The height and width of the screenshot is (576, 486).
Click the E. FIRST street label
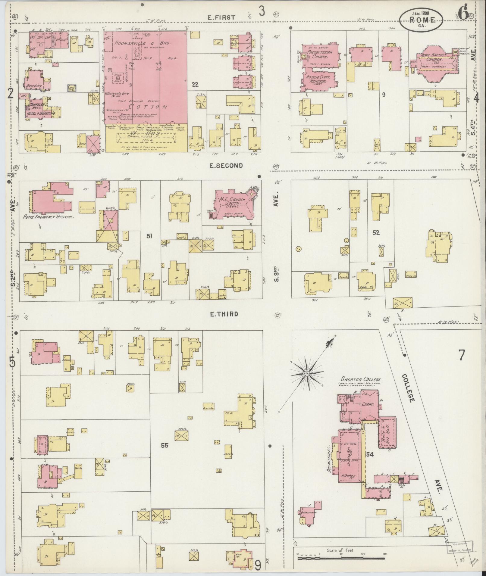(x=221, y=17)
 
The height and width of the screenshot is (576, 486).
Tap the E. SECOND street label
(x=226, y=165)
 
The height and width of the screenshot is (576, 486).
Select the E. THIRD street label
(x=224, y=314)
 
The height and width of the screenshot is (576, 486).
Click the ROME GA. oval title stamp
(x=421, y=20)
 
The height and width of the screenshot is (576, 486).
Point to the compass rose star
(x=306, y=374)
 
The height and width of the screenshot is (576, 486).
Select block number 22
(x=195, y=85)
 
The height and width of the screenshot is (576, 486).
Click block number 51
(x=149, y=236)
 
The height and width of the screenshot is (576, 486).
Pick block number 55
(x=164, y=445)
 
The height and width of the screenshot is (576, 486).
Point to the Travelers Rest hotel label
(x=42, y=110)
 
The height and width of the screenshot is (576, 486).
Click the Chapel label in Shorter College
(x=368, y=404)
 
